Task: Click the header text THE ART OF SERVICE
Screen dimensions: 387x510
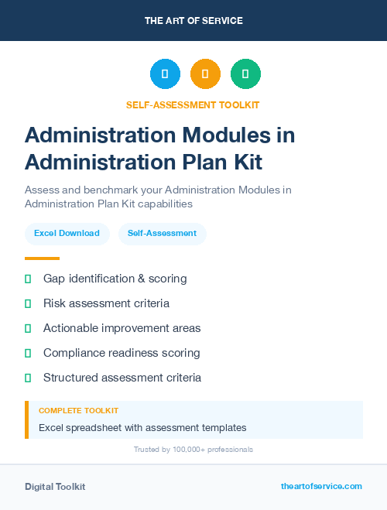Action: [x=193, y=21]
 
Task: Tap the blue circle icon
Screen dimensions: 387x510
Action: [x=165, y=74]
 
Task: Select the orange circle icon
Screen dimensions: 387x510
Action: [x=205, y=74]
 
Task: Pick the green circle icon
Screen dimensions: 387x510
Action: [x=245, y=74]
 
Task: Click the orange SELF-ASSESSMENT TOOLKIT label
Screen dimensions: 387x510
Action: [x=193, y=105]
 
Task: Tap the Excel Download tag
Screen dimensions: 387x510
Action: [x=67, y=233]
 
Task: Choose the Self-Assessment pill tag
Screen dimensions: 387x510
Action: [x=162, y=233]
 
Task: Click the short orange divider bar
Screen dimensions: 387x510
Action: [x=42, y=258]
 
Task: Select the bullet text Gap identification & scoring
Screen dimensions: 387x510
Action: [x=115, y=279]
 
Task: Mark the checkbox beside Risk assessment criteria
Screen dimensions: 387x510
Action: [x=28, y=303]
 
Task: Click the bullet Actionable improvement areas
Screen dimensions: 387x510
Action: [x=122, y=328]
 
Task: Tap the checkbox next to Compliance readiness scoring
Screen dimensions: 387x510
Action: [x=28, y=353]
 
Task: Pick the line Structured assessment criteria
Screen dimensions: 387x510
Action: [x=122, y=378]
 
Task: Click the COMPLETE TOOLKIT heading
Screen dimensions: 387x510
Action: [x=78, y=411]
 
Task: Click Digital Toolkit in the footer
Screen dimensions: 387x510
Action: [x=55, y=487]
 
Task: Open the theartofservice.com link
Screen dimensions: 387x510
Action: [x=321, y=486]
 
